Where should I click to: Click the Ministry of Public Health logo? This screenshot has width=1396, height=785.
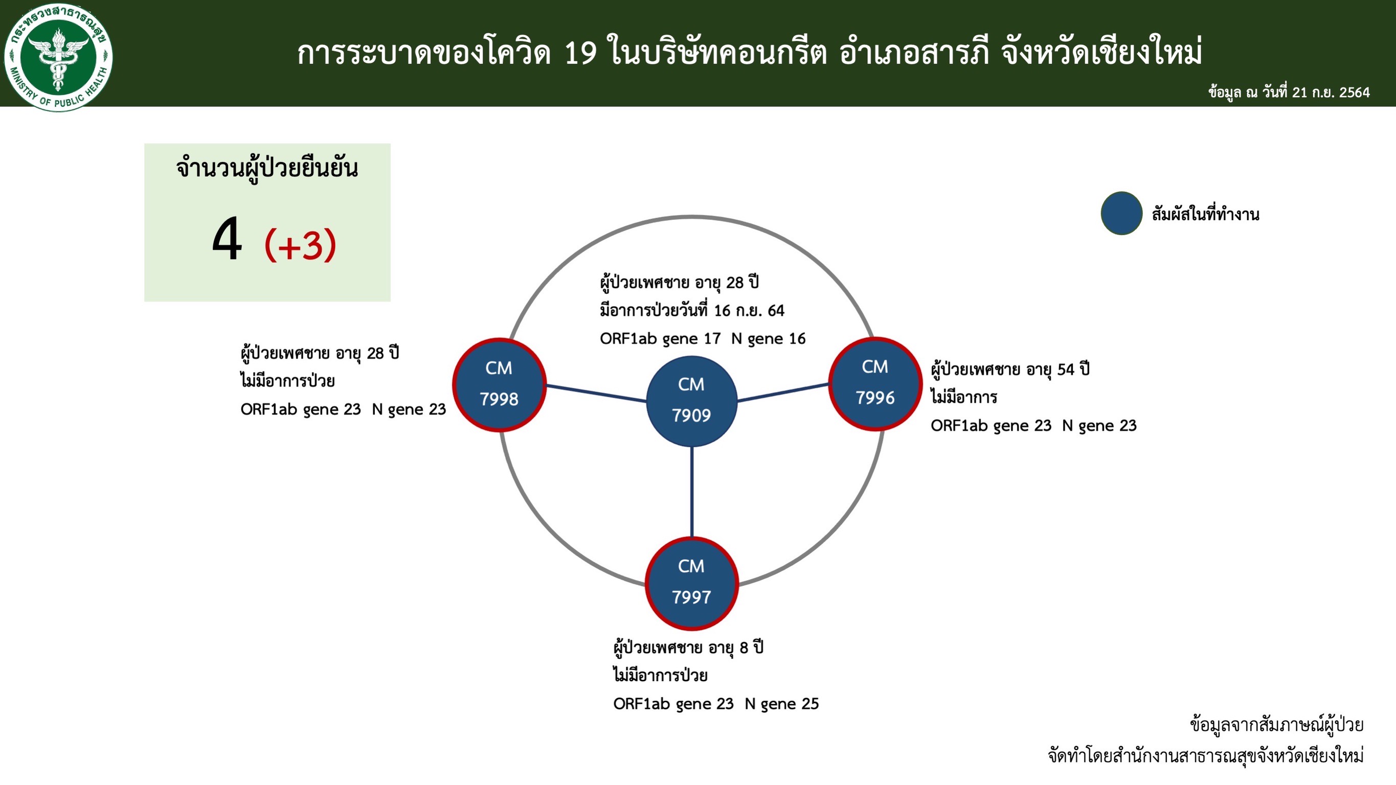pos(58,57)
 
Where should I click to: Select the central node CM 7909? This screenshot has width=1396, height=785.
pos(691,401)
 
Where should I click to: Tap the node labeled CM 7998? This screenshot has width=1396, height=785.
pos(499,384)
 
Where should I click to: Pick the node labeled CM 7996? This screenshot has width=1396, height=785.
pos(875,384)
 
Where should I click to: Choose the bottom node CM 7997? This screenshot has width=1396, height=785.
pos(691,584)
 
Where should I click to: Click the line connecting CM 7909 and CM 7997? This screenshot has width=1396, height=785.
pos(691,492)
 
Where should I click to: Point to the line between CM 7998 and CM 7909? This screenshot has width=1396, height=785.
pos(596,394)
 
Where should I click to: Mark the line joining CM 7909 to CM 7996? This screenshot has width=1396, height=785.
pos(783,392)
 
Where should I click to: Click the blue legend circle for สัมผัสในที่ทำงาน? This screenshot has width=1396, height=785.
pos(1121,213)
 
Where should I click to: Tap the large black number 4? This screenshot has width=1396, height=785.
pos(227,238)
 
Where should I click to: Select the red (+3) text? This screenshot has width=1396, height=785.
pos(300,245)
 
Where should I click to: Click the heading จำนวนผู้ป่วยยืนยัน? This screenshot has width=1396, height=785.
pos(266,168)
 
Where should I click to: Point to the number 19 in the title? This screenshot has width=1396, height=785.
pos(581,53)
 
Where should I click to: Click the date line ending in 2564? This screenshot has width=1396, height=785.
pos(1289,92)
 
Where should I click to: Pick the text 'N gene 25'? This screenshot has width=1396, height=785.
pos(781,704)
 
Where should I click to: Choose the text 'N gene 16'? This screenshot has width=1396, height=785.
pos(769,339)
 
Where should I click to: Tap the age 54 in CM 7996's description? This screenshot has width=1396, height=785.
pos(1066,370)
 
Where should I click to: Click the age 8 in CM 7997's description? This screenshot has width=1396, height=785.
pos(744,648)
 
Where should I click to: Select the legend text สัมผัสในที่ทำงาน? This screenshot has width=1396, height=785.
pos(1205,215)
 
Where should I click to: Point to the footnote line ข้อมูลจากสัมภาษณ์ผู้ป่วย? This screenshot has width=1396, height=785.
pos(1277,725)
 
